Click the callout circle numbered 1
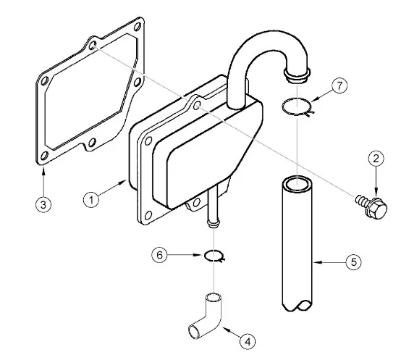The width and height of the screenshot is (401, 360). (x=91, y=199)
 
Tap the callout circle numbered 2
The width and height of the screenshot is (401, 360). (x=376, y=159)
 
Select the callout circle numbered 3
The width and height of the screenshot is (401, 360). (x=43, y=204)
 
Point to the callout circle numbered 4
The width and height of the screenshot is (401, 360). (x=248, y=341)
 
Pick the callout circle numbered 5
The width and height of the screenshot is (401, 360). (x=354, y=262)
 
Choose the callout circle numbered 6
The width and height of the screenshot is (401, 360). (x=159, y=255)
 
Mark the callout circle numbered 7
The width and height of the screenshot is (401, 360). (x=339, y=85)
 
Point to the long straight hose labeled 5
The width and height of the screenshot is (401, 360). (x=297, y=243)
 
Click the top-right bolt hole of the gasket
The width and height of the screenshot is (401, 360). (x=138, y=26)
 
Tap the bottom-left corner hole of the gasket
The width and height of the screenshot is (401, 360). (x=44, y=156)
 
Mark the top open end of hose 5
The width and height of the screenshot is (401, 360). (x=297, y=183)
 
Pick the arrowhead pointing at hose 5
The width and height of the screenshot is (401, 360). (x=316, y=262)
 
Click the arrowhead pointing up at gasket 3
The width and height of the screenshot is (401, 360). (x=43, y=170)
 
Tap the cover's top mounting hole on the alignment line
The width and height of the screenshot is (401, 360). (x=197, y=105)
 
